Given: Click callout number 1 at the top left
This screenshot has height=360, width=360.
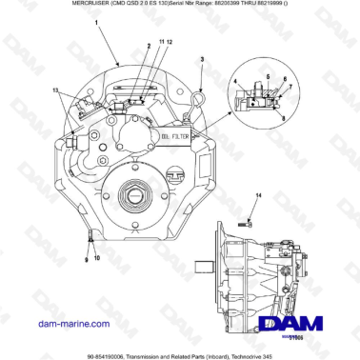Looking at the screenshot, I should pyautogui.click(x=96, y=31).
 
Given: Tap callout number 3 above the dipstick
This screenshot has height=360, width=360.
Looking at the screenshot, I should pyautogui.click(x=202, y=58).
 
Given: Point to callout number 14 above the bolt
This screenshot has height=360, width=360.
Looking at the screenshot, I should pyautogui.click(x=256, y=194).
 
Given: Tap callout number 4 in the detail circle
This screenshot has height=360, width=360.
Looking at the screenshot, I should pyautogui.click(x=233, y=83).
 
